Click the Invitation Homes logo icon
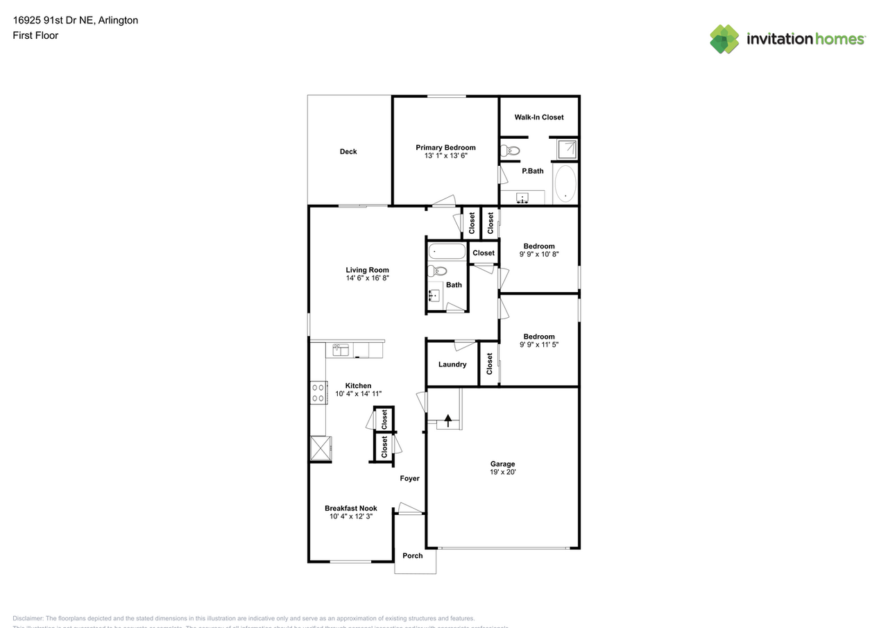point(724,39)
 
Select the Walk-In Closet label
point(539,117)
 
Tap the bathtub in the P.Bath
point(565,183)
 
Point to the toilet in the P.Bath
point(511,150)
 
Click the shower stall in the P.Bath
point(567,148)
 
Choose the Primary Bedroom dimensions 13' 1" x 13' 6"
point(445,156)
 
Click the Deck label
point(348,151)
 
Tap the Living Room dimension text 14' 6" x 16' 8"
point(368,278)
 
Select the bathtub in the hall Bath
point(446,251)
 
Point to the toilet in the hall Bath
point(437,271)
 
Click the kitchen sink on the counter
point(340,350)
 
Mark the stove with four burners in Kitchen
point(318,393)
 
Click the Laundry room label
point(452,364)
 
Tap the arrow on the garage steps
point(448,419)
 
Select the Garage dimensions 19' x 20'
point(502,472)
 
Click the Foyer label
point(409,478)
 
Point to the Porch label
point(413,555)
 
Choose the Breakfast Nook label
point(351,508)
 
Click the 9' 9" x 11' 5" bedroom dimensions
point(539,344)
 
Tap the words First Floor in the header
point(35,35)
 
